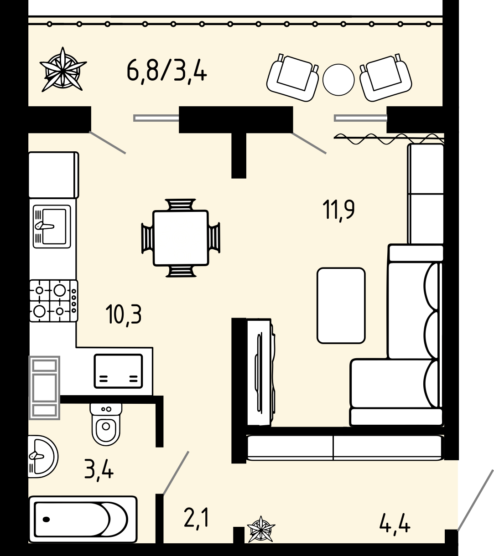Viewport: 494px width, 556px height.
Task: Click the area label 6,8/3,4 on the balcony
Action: coord(166,72)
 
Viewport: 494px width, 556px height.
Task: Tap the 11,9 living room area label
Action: coord(338,210)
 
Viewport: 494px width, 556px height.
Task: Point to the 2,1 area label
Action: coord(196,518)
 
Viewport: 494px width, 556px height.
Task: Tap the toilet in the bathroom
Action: coord(106,424)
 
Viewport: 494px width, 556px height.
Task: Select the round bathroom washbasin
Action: coord(42,456)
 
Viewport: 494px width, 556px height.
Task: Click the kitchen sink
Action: coord(52,227)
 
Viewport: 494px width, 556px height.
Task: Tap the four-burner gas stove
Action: coord(53,301)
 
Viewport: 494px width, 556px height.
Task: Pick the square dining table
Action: coord(181,238)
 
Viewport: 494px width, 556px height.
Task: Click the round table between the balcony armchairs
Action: coord(338,80)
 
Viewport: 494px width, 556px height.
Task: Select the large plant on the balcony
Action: coord(63,69)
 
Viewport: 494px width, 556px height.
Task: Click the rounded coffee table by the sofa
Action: coord(341,305)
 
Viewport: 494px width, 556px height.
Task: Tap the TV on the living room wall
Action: coord(261,372)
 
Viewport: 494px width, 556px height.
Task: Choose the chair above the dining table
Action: coord(181,205)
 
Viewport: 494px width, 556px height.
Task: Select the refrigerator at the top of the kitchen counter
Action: coord(53,175)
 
